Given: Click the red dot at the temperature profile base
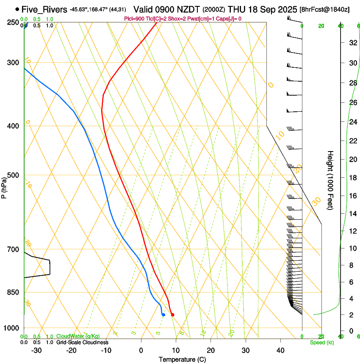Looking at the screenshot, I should click(x=172, y=314).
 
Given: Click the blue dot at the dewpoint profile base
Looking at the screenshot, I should click(x=163, y=314).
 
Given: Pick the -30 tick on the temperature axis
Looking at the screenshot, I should click(x=36, y=350).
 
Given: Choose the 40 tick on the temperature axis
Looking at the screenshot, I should click(x=280, y=350).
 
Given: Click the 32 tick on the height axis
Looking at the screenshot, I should click(x=352, y=43).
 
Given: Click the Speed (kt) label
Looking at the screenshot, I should click(x=321, y=342).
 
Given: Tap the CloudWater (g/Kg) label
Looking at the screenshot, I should click(x=78, y=336).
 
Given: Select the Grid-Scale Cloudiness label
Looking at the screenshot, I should click(x=82, y=342).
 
